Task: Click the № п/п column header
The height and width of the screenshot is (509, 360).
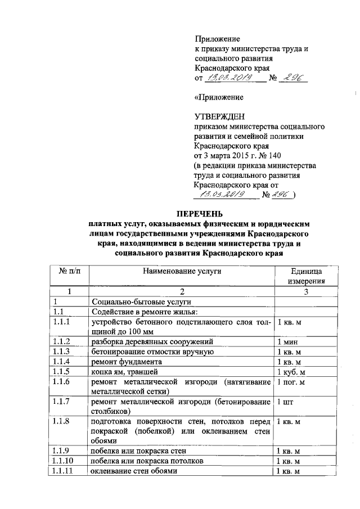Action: pyautogui.click(x=70, y=271)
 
